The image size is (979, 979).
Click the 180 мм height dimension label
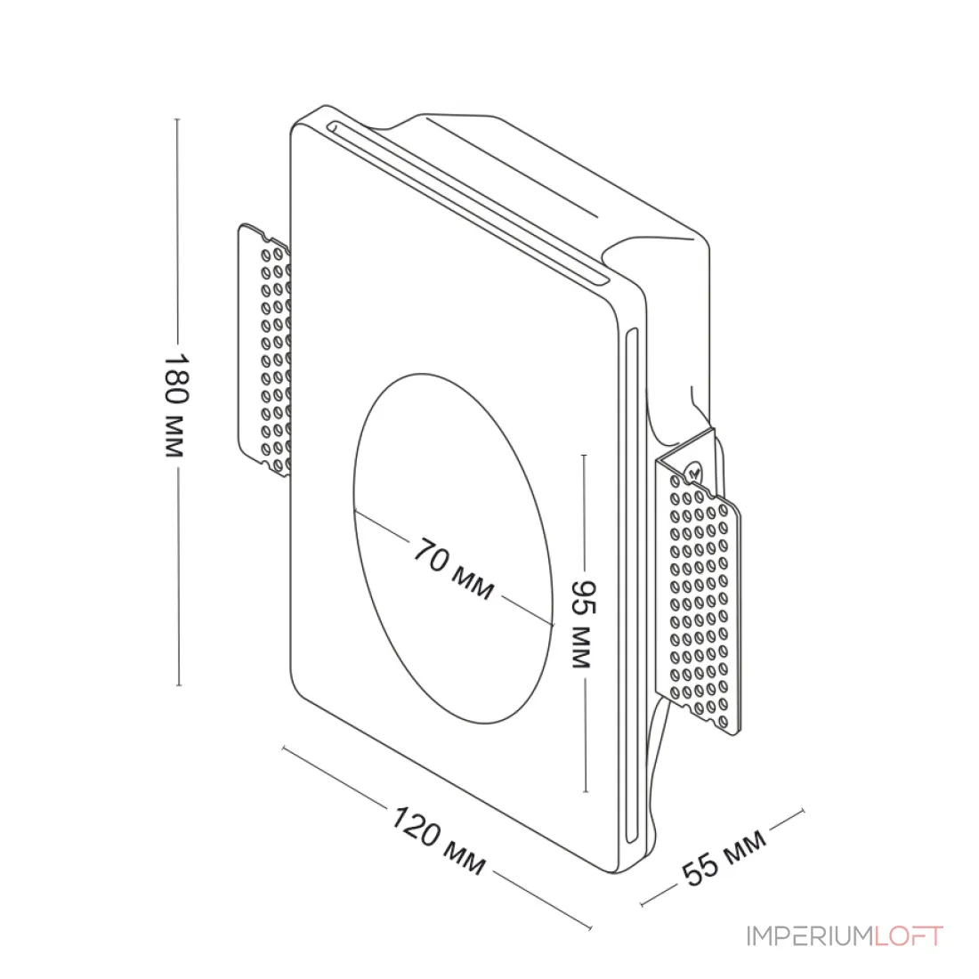176,406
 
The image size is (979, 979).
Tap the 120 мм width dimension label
438,840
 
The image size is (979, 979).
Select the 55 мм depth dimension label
724,857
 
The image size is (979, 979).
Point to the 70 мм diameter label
454,569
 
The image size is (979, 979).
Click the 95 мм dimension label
585,624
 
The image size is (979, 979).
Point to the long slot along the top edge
467,204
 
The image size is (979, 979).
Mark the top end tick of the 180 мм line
177,118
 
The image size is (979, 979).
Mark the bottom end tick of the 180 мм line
179,685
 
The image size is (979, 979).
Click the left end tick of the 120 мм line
284,748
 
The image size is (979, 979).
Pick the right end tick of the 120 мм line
589,926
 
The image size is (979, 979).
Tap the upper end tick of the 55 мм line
802,811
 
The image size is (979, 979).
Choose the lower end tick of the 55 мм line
643,903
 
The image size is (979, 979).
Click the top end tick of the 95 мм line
585,455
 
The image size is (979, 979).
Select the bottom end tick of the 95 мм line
585,792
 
